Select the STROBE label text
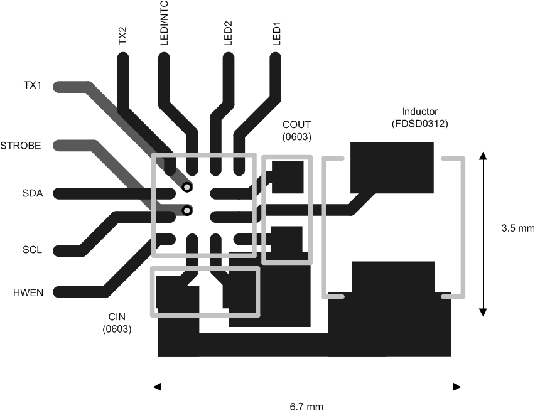[21, 146]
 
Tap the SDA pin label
[31, 193]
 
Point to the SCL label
[31, 250]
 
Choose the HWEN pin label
[28, 292]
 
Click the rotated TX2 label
[123, 36]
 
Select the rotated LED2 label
[229, 33]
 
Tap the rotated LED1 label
[276, 33]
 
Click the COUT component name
[296, 124]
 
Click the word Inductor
[419, 112]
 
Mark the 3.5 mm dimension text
[517, 228]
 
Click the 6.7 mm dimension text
[306, 406]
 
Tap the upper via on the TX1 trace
[186, 187]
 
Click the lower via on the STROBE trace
[186, 210]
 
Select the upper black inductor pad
[392, 166]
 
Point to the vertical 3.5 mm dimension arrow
[482, 232]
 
